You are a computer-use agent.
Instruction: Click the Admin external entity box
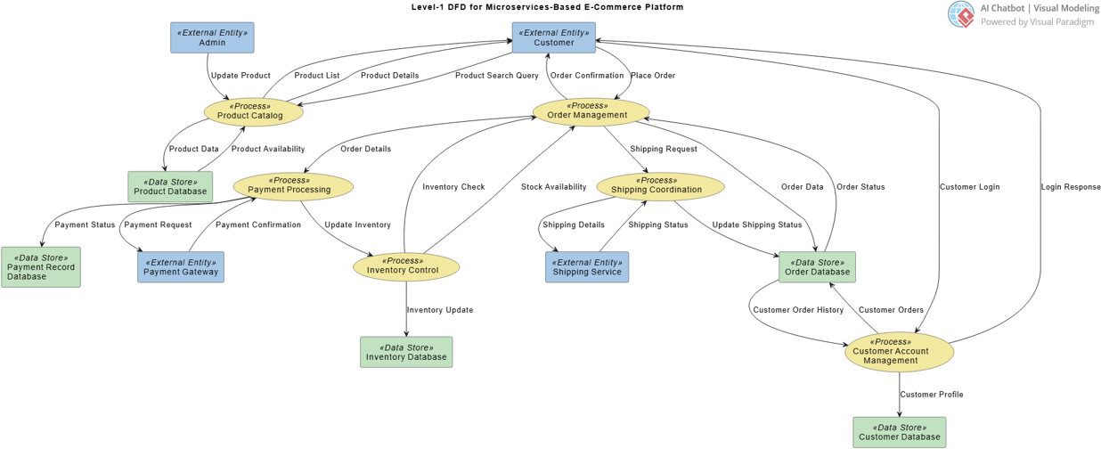pyautogui.click(x=212, y=37)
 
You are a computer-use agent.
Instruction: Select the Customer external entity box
pyautogui.click(x=553, y=37)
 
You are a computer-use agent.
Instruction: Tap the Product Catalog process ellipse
pyautogui.click(x=253, y=112)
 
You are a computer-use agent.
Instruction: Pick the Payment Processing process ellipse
pyautogui.click(x=293, y=186)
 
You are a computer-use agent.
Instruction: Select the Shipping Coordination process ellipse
pyautogui.click(x=660, y=186)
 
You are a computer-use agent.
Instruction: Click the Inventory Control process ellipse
pyautogui.click(x=406, y=266)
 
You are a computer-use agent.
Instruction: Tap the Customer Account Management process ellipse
pyautogui.click(x=899, y=352)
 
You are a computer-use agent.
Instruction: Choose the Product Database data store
pyautogui.click(x=170, y=187)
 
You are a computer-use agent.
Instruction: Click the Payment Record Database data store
pyautogui.click(x=41, y=267)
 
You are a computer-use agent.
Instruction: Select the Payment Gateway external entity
pyautogui.click(x=181, y=267)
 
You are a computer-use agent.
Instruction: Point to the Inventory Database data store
pyautogui.click(x=406, y=352)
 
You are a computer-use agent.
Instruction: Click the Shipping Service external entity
pyautogui.click(x=587, y=267)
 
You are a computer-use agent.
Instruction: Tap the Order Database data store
pyautogui.click(x=817, y=267)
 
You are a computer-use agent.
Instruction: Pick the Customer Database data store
pyautogui.click(x=899, y=432)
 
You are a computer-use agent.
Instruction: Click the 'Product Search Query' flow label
pyautogui.click(x=496, y=76)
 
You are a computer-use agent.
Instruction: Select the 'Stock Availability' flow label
pyautogui.click(x=553, y=187)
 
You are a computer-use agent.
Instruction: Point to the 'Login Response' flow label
pyautogui.click(x=1070, y=187)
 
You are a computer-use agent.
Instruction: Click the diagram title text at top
pyautogui.click(x=547, y=7)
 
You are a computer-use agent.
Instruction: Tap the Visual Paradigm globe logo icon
pyautogui.click(x=961, y=14)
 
